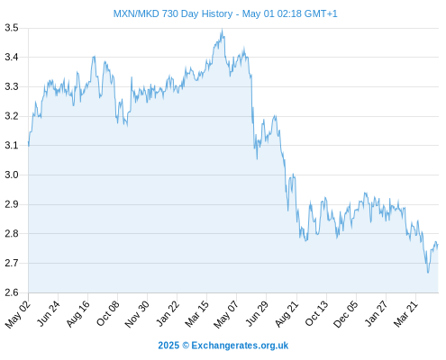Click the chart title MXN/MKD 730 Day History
click(173, 13)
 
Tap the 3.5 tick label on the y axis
click(12, 28)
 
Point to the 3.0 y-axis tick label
click(12, 175)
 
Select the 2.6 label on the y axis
click(12, 292)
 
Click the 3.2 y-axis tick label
click(12, 116)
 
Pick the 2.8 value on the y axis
click(12, 233)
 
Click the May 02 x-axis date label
click(18, 314)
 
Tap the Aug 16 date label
click(78, 314)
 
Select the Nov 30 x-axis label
click(137, 314)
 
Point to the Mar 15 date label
click(197, 314)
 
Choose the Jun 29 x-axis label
click(257, 314)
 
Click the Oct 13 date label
click(316, 314)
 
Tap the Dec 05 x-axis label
click(346, 314)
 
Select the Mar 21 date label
click(405, 314)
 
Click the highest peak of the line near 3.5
click(222, 29)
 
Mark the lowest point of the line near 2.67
click(428, 273)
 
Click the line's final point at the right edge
click(438, 245)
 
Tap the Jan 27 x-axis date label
click(376, 314)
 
